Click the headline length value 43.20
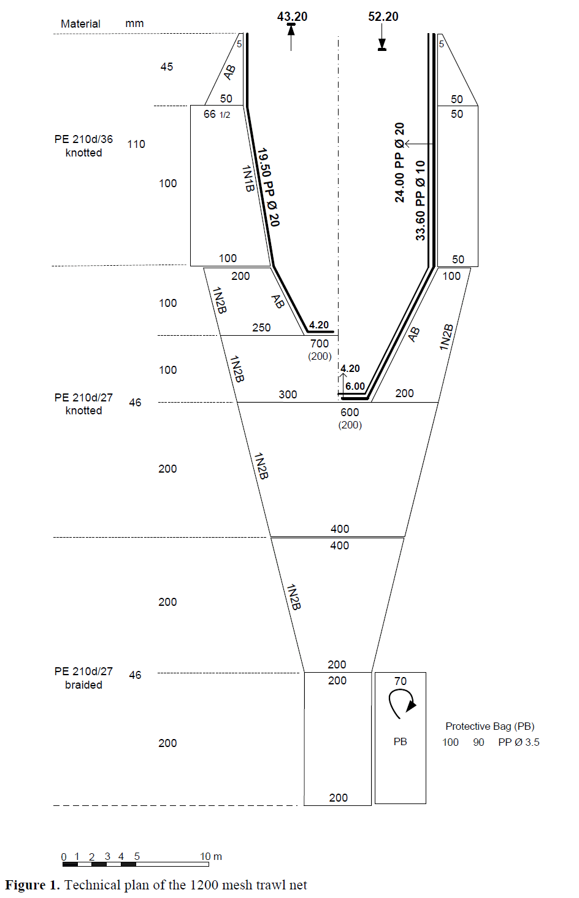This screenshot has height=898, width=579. pos(292,17)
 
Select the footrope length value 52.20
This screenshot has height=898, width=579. pos(383,17)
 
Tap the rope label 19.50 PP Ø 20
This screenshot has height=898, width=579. pos(268,187)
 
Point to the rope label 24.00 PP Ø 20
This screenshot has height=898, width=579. pos(400,163)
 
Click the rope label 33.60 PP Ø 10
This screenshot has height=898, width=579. pos(420,200)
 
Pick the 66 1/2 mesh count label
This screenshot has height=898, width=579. pos(217,114)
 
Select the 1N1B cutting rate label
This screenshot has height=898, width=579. pos(247,179)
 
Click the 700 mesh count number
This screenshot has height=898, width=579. pos(320,344)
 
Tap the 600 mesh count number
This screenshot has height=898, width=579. pos(350,412)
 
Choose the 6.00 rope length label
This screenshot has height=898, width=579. pos(355,386)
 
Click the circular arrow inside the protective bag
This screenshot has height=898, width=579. pos(401,703)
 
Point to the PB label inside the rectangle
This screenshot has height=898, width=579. pos(400,741)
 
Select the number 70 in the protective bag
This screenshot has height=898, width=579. pos(400,681)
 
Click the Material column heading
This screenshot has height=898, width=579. pos(80,24)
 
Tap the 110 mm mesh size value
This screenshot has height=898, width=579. pos(136,144)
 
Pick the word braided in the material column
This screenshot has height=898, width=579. pos(83,685)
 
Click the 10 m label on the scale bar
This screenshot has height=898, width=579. pos(210,856)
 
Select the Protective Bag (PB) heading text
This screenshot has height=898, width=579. pos(489,726)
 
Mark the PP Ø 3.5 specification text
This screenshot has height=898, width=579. pos(518,742)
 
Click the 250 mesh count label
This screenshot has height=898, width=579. pos(261,328)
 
